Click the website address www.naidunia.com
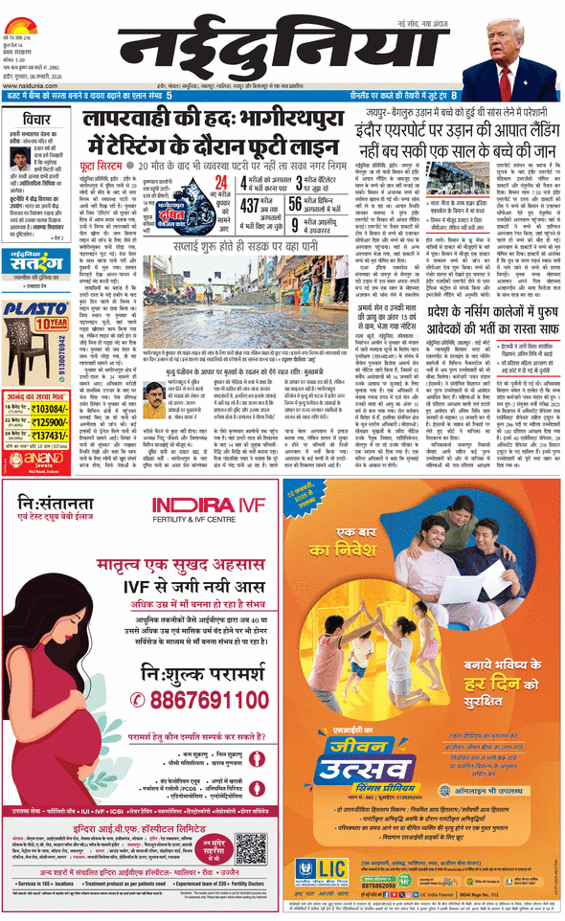tap(29, 82)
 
